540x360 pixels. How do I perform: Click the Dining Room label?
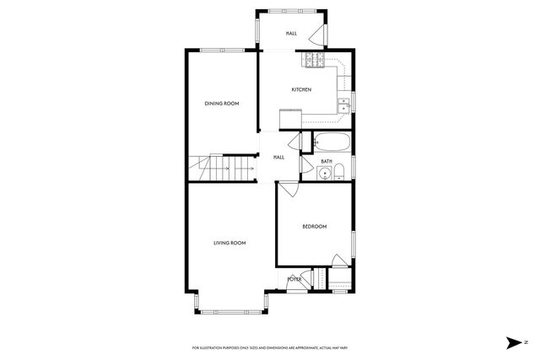pyautogui.click(x=222, y=104)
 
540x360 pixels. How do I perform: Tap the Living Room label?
pyautogui.click(x=229, y=243)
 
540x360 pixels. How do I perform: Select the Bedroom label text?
pyautogui.click(x=314, y=226)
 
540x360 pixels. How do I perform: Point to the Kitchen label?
pyautogui.click(x=301, y=89)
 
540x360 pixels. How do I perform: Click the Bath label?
pyautogui.click(x=327, y=161)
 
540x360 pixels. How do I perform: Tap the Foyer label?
pyautogui.click(x=294, y=279)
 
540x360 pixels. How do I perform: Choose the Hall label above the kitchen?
pyautogui.click(x=291, y=34)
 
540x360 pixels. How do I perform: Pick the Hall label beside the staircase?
pyautogui.click(x=278, y=157)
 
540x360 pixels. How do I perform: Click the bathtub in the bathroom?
pyautogui.click(x=332, y=142)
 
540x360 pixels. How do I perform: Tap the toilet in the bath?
pyautogui.click(x=339, y=173)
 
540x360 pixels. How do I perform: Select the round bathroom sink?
pyautogui.click(x=324, y=174)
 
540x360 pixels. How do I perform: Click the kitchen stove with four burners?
pyautogui.click(x=315, y=60)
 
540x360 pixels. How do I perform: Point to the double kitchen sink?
pyautogui.click(x=344, y=105)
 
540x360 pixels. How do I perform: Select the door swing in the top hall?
pyautogui.click(x=316, y=35)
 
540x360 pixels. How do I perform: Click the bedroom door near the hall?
pyautogui.click(x=288, y=189)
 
